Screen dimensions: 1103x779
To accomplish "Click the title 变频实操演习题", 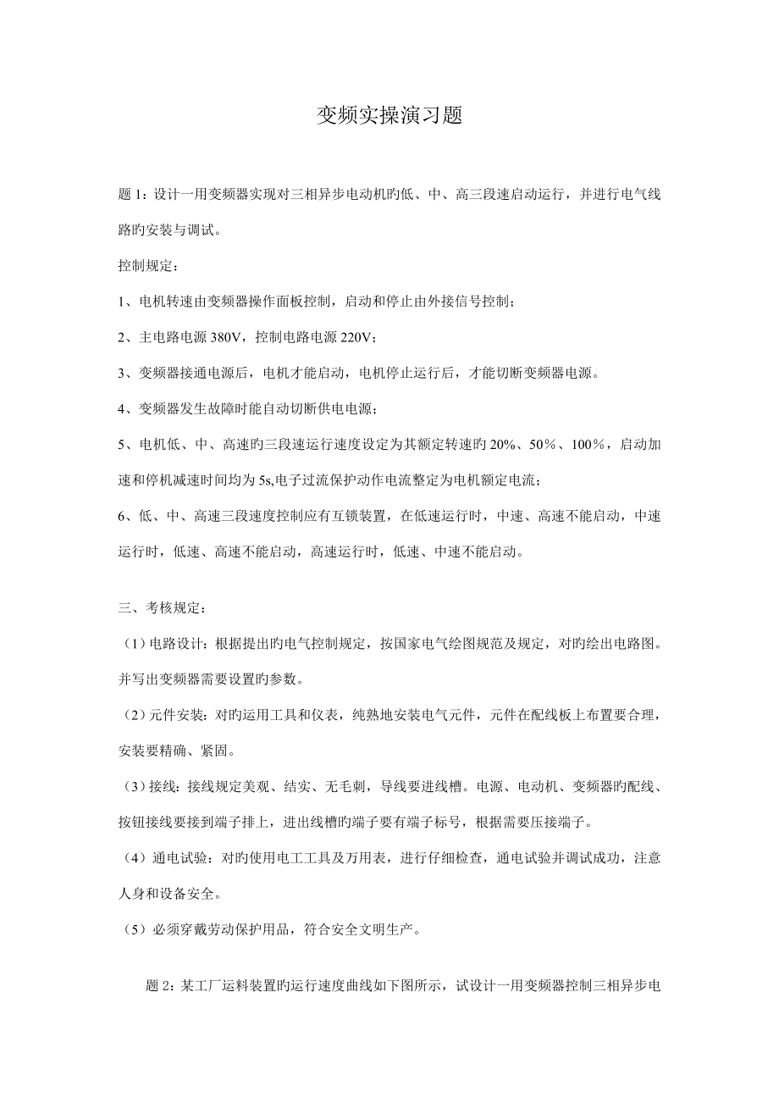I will (389, 116).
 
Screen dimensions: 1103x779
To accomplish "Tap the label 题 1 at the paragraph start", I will (133, 195).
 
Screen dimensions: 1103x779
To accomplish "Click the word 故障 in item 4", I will (207, 409).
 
